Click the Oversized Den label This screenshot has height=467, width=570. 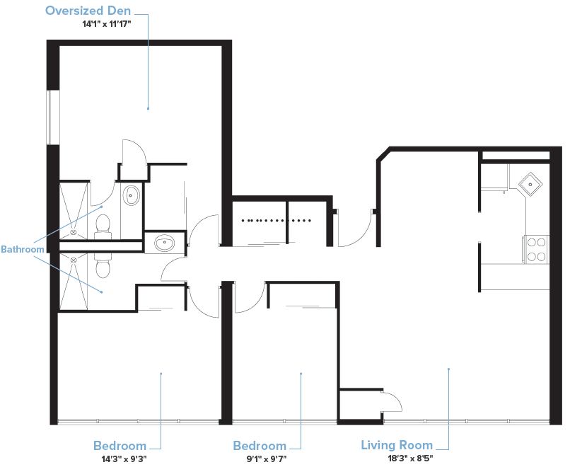88,11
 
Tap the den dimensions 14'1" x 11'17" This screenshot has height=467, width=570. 106,24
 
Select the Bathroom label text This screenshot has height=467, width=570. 22,249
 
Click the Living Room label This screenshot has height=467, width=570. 397,445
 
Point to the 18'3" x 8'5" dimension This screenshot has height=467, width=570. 410,458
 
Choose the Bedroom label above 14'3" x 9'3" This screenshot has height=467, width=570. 120,446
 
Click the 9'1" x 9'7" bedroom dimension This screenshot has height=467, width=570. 267,459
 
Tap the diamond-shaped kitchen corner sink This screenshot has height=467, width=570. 530,185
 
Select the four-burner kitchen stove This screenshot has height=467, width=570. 536,250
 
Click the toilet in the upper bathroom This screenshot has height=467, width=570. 103,226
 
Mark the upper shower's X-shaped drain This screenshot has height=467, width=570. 74,232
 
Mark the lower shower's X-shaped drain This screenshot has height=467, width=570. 74,260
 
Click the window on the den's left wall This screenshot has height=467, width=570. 53,117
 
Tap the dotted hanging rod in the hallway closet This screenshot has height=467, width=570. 276,220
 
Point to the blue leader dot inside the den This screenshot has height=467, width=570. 148,108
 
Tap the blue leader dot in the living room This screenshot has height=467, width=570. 448,369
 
